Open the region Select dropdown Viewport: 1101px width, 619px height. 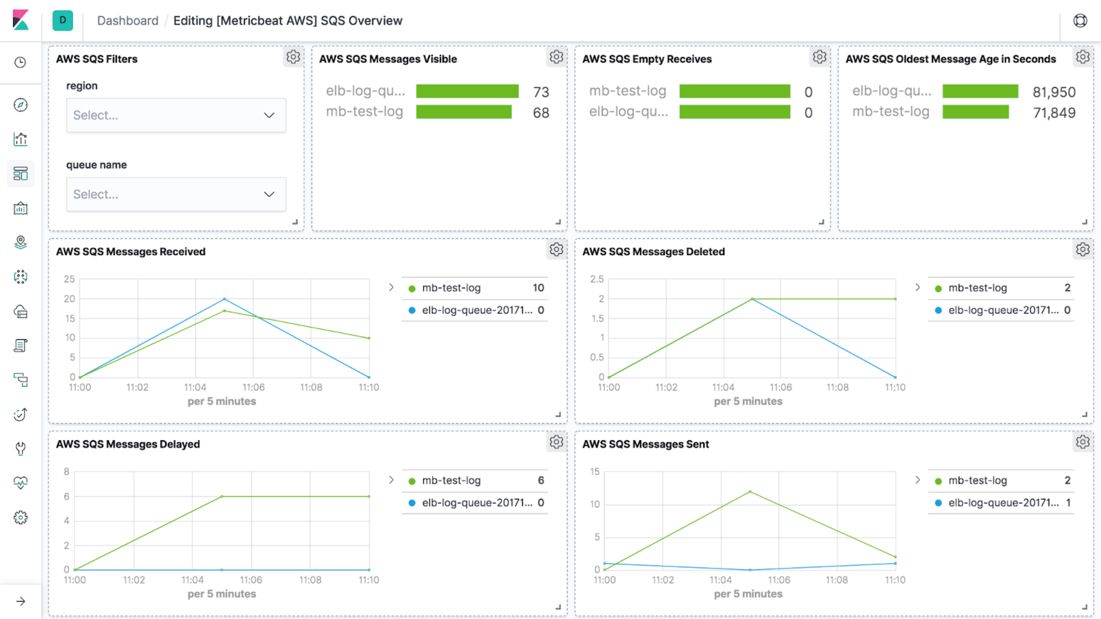176,115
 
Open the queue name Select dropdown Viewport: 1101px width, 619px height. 176,194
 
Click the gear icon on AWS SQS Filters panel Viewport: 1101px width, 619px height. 293,57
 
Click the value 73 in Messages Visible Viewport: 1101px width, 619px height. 541,92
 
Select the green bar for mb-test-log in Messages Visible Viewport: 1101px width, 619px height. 464,112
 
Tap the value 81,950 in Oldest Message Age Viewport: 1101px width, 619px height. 1054,92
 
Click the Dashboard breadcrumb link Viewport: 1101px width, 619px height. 127,21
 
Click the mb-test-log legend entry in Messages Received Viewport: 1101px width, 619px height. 451,288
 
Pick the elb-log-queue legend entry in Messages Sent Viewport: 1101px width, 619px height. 1003,503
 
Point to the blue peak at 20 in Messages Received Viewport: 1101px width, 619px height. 224,299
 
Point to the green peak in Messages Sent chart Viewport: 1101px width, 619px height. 750,492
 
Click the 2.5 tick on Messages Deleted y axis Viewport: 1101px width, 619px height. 597,279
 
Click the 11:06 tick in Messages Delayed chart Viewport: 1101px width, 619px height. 251,580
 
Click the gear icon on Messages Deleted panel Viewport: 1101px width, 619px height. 1082,249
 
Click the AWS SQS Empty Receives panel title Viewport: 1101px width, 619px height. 647,59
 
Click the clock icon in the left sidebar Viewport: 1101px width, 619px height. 20,62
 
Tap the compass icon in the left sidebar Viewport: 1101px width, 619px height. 20,105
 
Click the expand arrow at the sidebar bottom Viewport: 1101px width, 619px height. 20,601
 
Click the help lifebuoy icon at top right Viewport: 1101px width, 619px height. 1080,21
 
